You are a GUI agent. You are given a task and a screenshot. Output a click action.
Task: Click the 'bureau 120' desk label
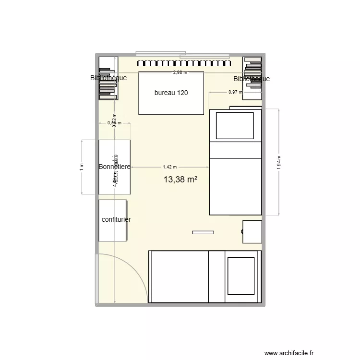(171, 93)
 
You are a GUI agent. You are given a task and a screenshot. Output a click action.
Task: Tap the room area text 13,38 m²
(180, 180)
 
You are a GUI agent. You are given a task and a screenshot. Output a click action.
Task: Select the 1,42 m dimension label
(170, 167)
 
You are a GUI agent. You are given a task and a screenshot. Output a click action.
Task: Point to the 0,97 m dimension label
(235, 92)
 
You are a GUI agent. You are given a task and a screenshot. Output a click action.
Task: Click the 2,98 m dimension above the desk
(180, 72)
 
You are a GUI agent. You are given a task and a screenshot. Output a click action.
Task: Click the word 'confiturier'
(116, 219)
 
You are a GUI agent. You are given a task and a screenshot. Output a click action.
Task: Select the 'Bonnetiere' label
(114, 167)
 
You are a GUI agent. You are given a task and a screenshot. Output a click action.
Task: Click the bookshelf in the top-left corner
(108, 78)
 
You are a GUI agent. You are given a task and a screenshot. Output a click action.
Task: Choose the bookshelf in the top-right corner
(252, 78)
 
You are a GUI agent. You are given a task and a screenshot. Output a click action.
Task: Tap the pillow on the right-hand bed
(235, 126)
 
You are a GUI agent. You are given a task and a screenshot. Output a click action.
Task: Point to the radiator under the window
(184, 63)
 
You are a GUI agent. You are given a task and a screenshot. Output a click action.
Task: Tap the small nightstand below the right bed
(252, 232)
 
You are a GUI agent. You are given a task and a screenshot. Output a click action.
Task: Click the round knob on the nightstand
(242, 232)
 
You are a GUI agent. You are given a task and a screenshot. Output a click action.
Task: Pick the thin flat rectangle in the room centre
(203, 232)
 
